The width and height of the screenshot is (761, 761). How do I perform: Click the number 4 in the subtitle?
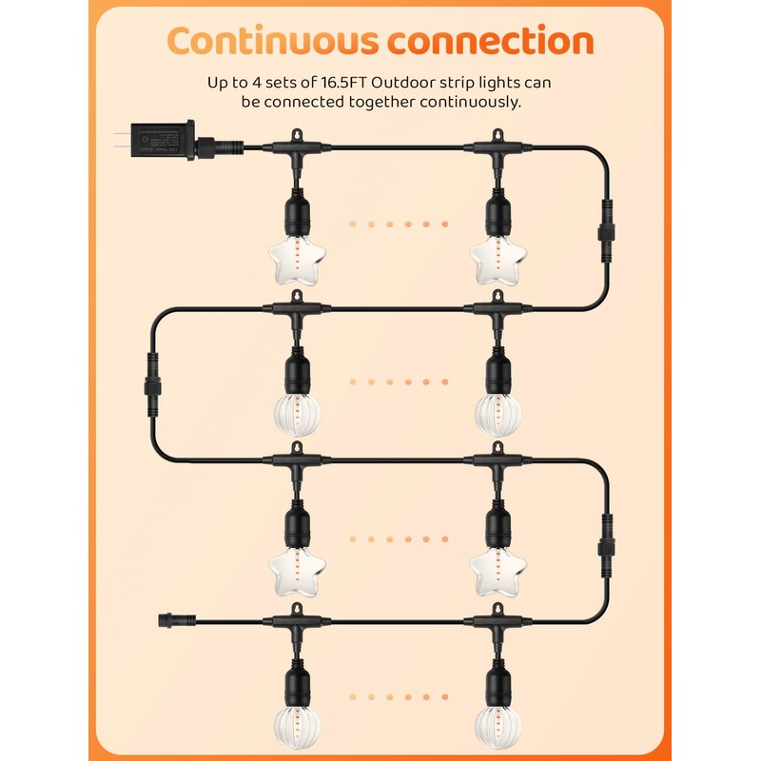pyautogui.click(x=276, y=83)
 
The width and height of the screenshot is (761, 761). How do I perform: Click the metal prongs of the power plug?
pyautogui.click(x=116, y=140)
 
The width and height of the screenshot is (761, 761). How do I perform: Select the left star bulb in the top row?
pyautogui.click(x=294, y=255)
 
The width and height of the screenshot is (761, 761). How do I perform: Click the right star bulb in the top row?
pyautogui.click(x=496, y=255)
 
